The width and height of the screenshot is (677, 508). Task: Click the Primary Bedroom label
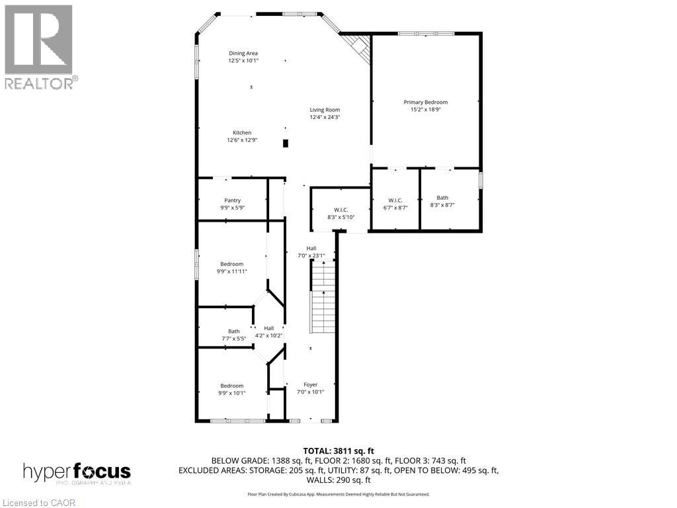click(x=426, y=103)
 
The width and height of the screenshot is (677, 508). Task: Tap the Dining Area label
click(x=243, y=54)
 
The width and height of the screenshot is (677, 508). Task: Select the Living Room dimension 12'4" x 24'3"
click(x=325, y=117)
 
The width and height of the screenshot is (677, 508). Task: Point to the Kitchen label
click(x=242, y=133)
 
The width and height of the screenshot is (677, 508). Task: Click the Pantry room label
click(x=232, y=200)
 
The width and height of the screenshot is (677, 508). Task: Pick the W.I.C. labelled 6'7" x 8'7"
click(x=395, y=200)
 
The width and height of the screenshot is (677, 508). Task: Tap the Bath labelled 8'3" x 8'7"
click(x=442, y=198)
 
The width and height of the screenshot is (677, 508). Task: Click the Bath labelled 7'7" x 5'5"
click(x=234, y=331)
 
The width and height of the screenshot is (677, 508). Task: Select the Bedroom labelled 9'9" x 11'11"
click(x=231, y=264)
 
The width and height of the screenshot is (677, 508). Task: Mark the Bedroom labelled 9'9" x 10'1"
click(x=231, y=386)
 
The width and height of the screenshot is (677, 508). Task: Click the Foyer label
click(x=310, y=384)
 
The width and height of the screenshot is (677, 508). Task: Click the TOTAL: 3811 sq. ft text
click(x=338, y=451)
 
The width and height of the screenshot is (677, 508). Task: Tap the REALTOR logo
click(x=40, y=46)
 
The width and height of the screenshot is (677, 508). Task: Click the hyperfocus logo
click(x=77, y=473)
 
